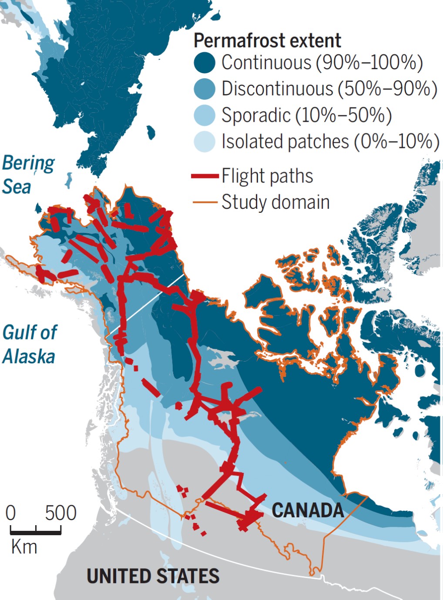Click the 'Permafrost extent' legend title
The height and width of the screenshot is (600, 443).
tap(267, 41)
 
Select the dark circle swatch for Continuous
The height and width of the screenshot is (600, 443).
tap(205, 63)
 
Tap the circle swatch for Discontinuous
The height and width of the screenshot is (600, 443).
tap(205, 89)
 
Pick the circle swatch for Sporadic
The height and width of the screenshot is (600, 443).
tap(205, 115)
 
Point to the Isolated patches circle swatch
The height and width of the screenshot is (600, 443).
tap(205, 142)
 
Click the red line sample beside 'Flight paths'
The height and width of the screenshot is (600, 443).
tap(205, 176)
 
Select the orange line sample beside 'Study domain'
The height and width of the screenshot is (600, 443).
tap(205, 202)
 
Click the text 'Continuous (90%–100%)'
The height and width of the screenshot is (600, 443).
tap(322, 63)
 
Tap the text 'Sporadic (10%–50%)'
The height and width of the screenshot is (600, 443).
tap(306, 115)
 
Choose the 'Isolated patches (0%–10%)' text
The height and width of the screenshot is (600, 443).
tap(330, 142)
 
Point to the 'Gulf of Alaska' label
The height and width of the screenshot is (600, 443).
tap(29, 344)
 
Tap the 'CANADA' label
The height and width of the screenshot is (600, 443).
tap(308, 510)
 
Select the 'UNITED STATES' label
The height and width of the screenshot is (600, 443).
tap(153, 576)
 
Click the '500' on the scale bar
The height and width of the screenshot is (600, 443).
tap(60, 513)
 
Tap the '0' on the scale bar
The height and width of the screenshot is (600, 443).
tap(11, 513)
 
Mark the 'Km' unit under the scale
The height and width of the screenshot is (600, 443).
tap(24, 547)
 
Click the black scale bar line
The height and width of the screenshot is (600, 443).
tap(36, 532)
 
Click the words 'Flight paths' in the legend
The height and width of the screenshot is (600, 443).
tap(267, 176)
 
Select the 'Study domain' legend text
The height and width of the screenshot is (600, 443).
tap(275, 202)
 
